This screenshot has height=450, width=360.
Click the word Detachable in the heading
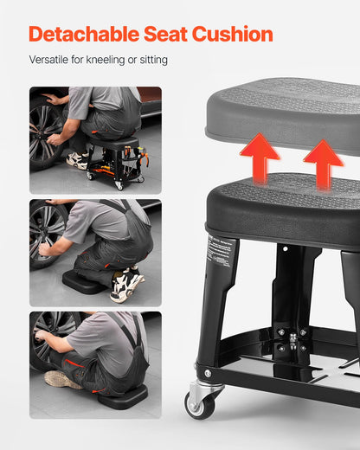point(82,35)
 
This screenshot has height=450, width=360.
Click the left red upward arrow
point(260,157)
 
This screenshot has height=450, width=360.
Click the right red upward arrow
point(323,162)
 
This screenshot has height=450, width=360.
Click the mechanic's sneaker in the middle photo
point(125,285)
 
